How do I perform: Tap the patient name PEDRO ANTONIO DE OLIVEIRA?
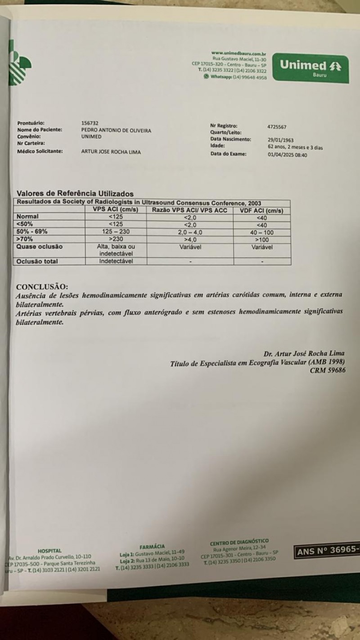pos(116,130)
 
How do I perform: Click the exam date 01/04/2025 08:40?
pos(287,154)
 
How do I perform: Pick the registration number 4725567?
pos(277,127)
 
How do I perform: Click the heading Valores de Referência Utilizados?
pos(75,194)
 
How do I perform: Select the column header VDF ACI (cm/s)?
pos(261,210)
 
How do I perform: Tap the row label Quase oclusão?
pos(40,247)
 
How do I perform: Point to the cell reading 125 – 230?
pos(116,232)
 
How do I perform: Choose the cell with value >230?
pos(116,239)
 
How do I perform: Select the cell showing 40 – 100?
pos(261,232)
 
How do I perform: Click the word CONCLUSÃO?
pos(42,287)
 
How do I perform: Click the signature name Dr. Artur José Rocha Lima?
pos(305,353)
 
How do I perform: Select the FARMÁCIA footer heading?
pos(152,546)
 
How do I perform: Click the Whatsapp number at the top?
pos(238,77)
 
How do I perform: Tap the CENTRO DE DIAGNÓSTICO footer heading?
pos(239,542)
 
